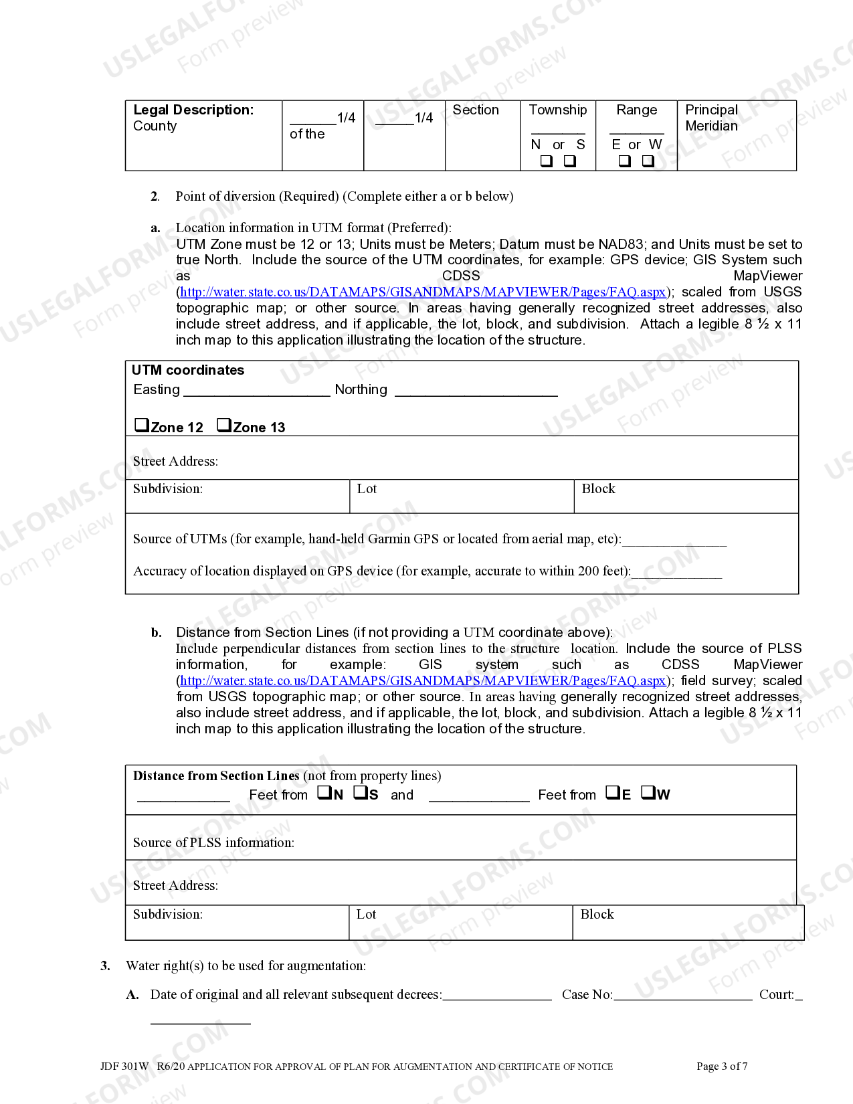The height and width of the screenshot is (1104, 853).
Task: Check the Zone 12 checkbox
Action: click(x=141, y=425)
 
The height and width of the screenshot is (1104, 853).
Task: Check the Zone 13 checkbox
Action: click(x=224, y=425)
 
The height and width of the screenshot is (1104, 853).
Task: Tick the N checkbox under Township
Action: click(x=547, y=161)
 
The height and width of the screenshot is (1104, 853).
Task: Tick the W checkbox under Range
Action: click(x=648, y=161)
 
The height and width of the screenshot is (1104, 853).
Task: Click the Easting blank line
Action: click(x=256, y=390)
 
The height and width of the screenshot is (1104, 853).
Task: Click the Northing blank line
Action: click(x=476, y=390)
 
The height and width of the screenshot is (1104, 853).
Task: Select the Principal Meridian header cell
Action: click(x=711, y=118)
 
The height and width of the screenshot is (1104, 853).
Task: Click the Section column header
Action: click(x=476, y=110)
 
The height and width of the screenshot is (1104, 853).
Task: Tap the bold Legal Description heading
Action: click(x=193, y=110)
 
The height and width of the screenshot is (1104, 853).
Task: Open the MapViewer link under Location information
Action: click(x=423, y=292)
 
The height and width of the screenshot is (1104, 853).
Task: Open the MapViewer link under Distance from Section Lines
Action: click(x=423, y=681)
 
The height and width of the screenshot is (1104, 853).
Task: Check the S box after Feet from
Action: click(x=361, y=793)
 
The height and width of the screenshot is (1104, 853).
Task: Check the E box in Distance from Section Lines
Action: click(x=613, y=793)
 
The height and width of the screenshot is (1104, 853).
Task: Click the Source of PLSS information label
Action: click(x=213, y=843)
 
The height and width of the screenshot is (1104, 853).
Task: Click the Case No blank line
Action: click(x=682, y=995)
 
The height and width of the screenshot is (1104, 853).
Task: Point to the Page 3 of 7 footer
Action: click(x=722, y=1067)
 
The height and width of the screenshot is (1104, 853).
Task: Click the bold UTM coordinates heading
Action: click(x=188, y=370)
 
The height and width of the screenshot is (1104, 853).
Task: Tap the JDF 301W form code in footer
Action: click(x=124, y=1067)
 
